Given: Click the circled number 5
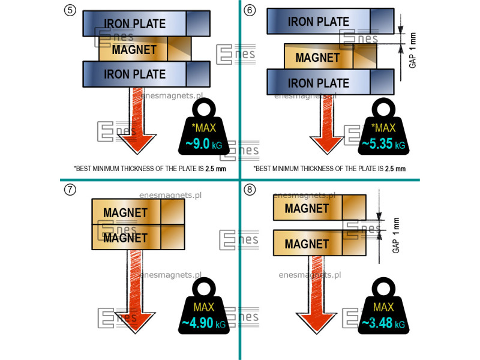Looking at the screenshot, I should pyautogui.click(x=70, y=10).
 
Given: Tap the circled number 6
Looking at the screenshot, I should pyautogui.click(x=250, y=10).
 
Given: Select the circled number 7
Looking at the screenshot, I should pyautogui.click(x=70, y=190).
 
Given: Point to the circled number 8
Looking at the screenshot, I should pyautogui.click(x=250, y=190).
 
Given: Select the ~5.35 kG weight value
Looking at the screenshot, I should pyautogui.click(x=383, y=145).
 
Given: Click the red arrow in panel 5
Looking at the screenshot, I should pyautogui.click(x=137, y=120).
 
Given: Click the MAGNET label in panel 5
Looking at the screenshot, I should pyautogui.click(x=134, y=49).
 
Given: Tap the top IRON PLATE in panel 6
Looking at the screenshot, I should pyautogui.click(x=319, y=22).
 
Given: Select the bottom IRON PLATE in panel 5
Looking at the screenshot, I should pyautogui.click(x=135, y=74).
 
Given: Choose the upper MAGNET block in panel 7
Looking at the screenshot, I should pyautogui.click(x=125, y=212).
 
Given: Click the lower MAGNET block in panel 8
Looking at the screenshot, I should pyautogui.click(x=307, y=244).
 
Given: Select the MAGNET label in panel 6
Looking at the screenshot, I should pyautogui.click(x=317, y=58).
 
